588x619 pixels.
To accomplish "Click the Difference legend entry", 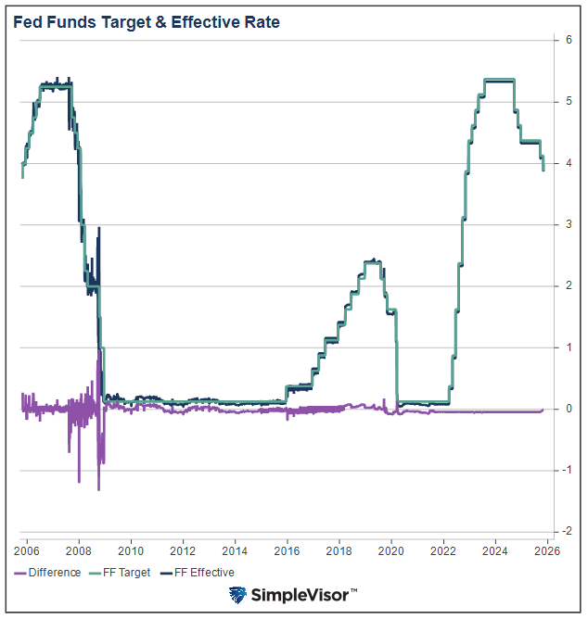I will click(48, 573).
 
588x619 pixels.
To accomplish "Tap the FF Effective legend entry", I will click(199, 573).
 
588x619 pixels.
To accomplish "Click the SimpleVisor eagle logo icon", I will click(238, 595).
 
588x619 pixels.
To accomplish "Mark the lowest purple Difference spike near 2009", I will click(98, 488).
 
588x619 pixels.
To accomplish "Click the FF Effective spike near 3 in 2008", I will click(99, 229).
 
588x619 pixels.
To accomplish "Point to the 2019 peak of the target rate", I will click(373, 262).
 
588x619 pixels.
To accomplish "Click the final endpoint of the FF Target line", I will click(543, 170).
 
